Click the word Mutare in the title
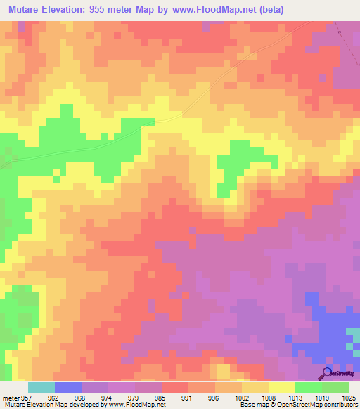click(x=25, y=9)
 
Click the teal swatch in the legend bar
click(x=41, y=387)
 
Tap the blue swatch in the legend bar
click(x=68, y=387)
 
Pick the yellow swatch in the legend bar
click(x=281, y=387)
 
